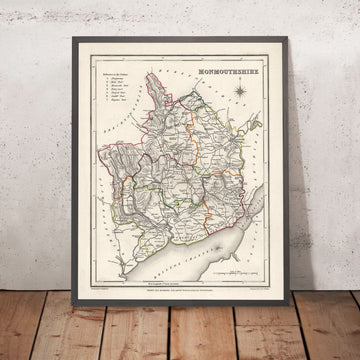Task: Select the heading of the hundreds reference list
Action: [118, 92]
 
